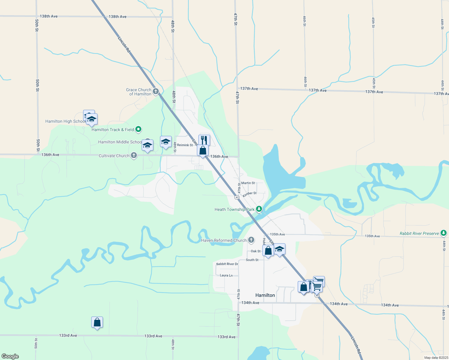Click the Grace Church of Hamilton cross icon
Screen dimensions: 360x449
tap(155, 91)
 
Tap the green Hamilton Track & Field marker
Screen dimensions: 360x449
tap(138, 130)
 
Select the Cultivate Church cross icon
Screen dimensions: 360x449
tap(134, 155)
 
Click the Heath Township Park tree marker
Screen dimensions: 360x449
tap(259, 209)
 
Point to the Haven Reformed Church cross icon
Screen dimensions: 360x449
tap(251, 240)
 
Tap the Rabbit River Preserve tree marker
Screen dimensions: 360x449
tap(444, 233)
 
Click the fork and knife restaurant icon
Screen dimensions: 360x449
tap(204, 140)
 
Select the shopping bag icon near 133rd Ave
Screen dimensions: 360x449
tap(97, 322)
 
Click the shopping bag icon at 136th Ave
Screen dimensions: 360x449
tap(203, 150)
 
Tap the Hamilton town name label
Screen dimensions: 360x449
tap(265, 295)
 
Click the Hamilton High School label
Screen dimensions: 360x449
tap(65, 121)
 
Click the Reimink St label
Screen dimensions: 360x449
tap(185, 145)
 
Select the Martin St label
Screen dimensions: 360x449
tap(248, 183)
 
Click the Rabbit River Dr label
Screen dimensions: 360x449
tap(227, 264)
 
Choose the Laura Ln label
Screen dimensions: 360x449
tap(226, 275)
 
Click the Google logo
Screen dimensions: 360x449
tap(10, 356)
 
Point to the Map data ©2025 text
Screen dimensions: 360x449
tap(436, 358)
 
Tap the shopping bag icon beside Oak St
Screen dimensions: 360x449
tap(268, 250)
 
